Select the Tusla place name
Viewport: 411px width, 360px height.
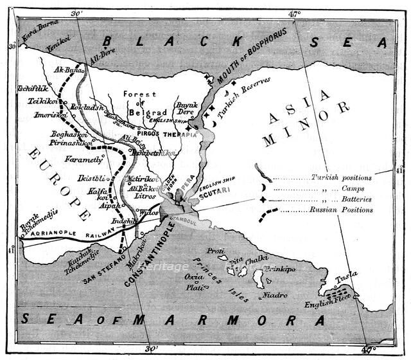(347, 276)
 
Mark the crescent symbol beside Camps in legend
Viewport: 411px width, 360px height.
(263, 188)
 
